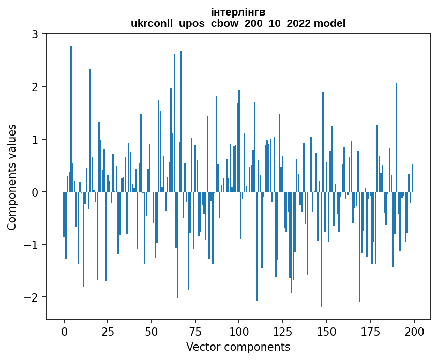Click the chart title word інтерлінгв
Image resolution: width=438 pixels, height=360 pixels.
(x=238, y=12)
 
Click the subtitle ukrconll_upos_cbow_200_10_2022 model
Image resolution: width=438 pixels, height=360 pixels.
(x=238, y=23)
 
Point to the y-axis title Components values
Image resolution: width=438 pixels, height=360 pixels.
(x=12, y=177)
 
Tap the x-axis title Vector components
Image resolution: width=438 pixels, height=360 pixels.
(x=238, y=347)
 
